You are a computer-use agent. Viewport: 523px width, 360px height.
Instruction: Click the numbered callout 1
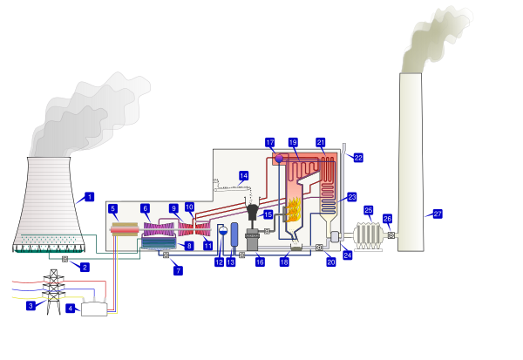[89, 197]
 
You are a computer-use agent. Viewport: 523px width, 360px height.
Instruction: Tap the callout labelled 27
[438, 214]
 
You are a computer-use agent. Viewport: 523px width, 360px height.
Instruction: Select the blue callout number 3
[31, 306]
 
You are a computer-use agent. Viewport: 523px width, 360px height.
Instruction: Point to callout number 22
[358, 158]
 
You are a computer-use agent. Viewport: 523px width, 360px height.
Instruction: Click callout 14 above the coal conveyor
[243, 176]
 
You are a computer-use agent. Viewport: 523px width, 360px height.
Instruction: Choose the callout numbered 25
[368, 210]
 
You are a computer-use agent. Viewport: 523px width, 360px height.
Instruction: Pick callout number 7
[178, 271]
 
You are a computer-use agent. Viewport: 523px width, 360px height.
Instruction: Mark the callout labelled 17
[270, 142]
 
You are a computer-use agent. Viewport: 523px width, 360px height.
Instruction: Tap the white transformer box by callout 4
[94, 309]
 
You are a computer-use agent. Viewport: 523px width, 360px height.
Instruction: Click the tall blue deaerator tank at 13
[234, 234]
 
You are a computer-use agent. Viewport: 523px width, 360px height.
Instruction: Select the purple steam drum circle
[278, 159]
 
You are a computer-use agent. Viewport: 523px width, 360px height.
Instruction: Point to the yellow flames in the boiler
[294, 209]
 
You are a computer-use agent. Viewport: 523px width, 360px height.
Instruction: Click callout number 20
[330, 262]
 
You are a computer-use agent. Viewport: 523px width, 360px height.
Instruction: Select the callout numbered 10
[189, 207]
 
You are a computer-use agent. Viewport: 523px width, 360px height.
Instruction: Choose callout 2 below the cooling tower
[85, 267]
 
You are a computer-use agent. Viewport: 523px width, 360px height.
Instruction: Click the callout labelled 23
[351, 197]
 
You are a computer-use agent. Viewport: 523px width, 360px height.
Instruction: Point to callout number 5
[113, 208]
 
